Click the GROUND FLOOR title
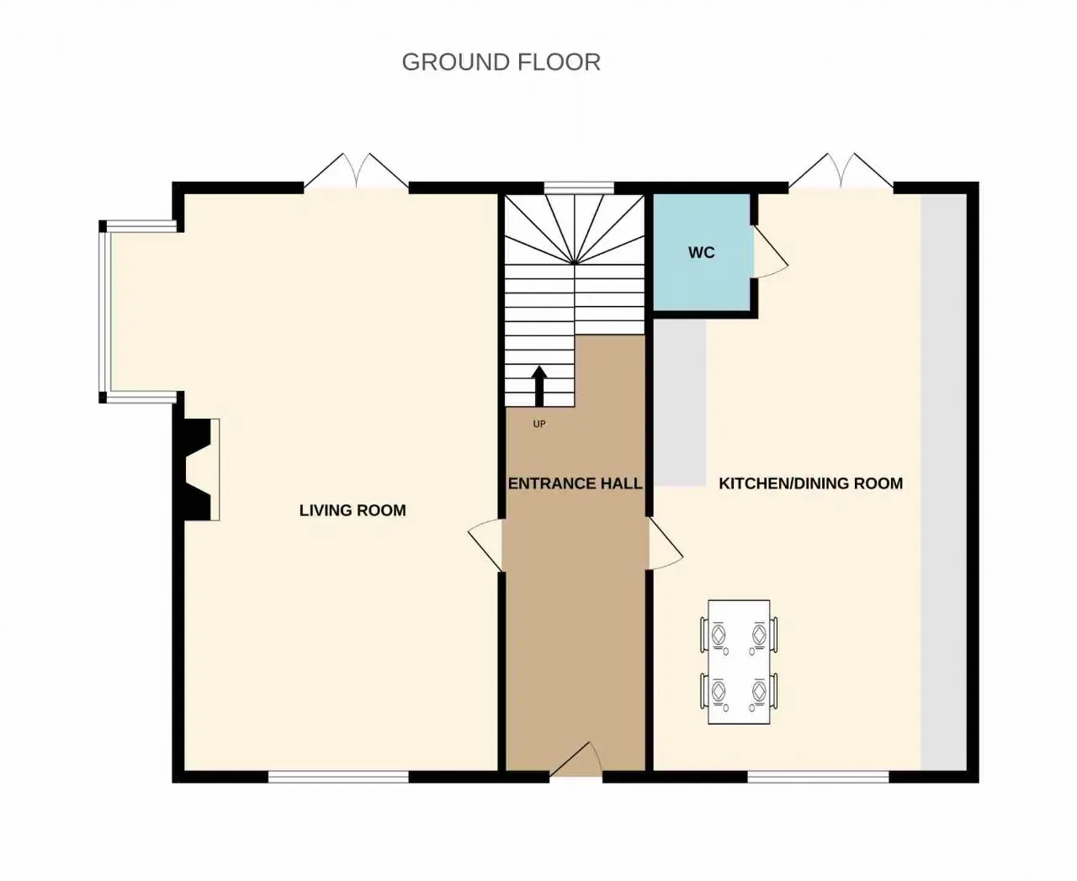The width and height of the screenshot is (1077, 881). pos(501,62)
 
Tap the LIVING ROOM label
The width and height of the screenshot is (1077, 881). pos(353,510)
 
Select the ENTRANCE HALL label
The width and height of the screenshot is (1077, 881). pos(575,483)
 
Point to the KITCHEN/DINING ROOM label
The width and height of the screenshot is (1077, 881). pos(811,483)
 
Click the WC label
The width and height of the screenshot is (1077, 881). pos(701,252)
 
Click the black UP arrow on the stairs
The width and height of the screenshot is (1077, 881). pos(539,386)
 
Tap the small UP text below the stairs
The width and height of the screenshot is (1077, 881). pos(539,424)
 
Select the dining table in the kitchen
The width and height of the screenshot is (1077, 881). pos(739,662)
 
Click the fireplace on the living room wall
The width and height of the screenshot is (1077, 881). pos(199,469)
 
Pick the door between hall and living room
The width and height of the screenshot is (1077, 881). pos(485,545)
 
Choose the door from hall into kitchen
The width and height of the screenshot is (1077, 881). pos(666,544)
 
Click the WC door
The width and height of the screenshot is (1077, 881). pos(771,251)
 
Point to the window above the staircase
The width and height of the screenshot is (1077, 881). pos(579,187)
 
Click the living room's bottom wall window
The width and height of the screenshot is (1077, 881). pos(338,777)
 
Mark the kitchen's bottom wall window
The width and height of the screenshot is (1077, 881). pos(818,777)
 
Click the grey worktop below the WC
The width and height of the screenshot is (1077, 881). pos(680,403)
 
